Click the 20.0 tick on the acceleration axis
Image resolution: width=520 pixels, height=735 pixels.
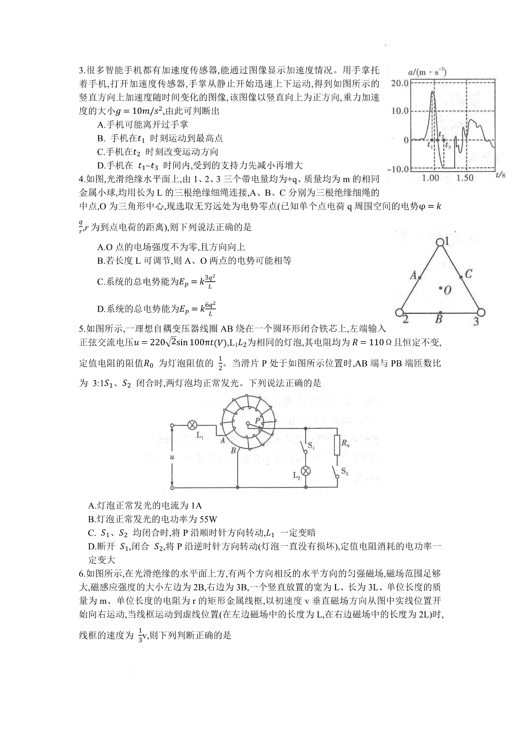pos(400,83)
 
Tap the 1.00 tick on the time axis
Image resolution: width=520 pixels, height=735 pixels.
pos(430,177)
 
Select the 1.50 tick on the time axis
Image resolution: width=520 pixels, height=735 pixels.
pos(465,177)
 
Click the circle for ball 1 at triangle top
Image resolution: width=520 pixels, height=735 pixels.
pos(441,242)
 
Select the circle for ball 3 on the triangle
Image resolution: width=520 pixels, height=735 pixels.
pos(481,312)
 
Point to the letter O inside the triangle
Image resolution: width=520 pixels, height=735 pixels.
pos(448,290)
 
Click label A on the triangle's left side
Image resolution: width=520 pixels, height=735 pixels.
pos(413,275)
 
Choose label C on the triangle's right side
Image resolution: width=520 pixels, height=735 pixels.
pos(468,274)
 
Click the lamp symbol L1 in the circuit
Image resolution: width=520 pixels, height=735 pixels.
pos(192,425)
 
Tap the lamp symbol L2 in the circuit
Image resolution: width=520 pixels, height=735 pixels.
pos(306,471)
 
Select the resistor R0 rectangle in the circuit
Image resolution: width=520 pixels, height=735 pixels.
pos(337,446)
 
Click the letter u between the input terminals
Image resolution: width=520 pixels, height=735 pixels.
pos(172,457)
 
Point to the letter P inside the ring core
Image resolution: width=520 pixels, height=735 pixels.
pos(257,420)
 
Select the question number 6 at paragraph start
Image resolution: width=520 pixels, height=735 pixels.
pos(81,574)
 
